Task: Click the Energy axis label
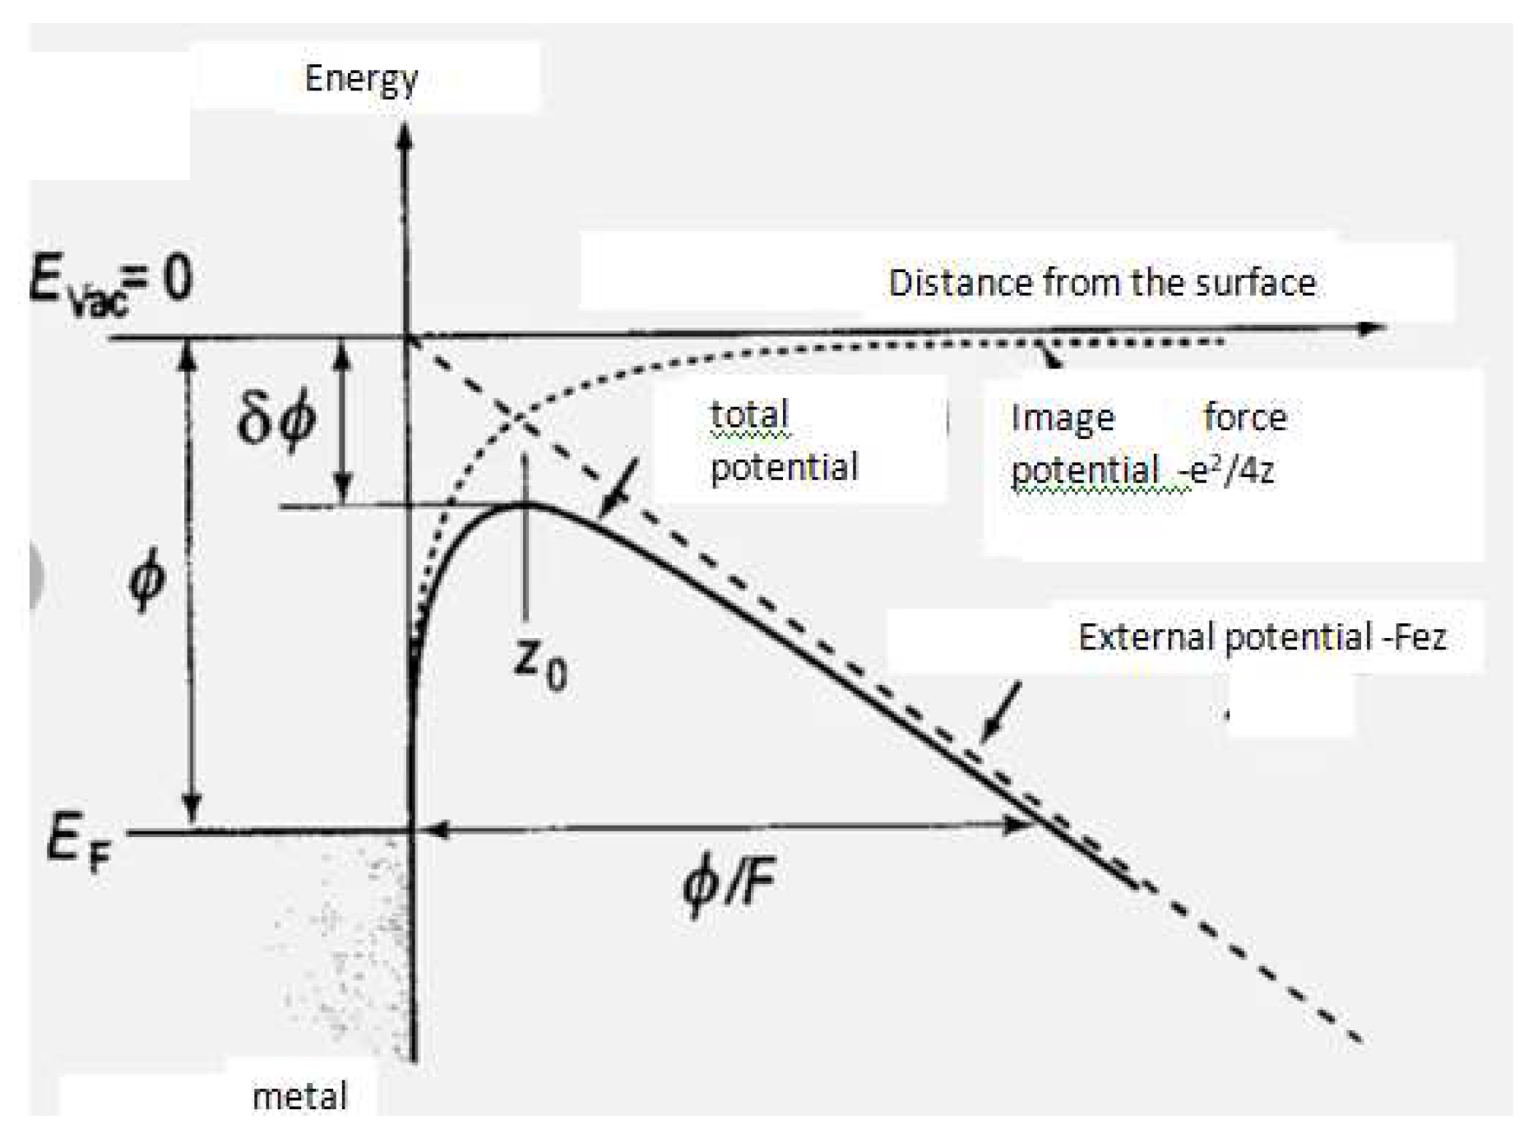point(361,80)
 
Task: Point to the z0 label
point(540,664)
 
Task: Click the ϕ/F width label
point(729,884)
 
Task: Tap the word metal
point(299,1096)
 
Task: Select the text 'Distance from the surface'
point(1101,283)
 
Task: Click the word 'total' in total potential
point(749,414)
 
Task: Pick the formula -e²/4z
point(1225,470)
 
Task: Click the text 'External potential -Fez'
point(1262,637)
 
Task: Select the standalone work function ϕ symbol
point(147,581)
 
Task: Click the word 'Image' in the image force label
point(1062,418)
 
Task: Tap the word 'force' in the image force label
point(1244,418)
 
